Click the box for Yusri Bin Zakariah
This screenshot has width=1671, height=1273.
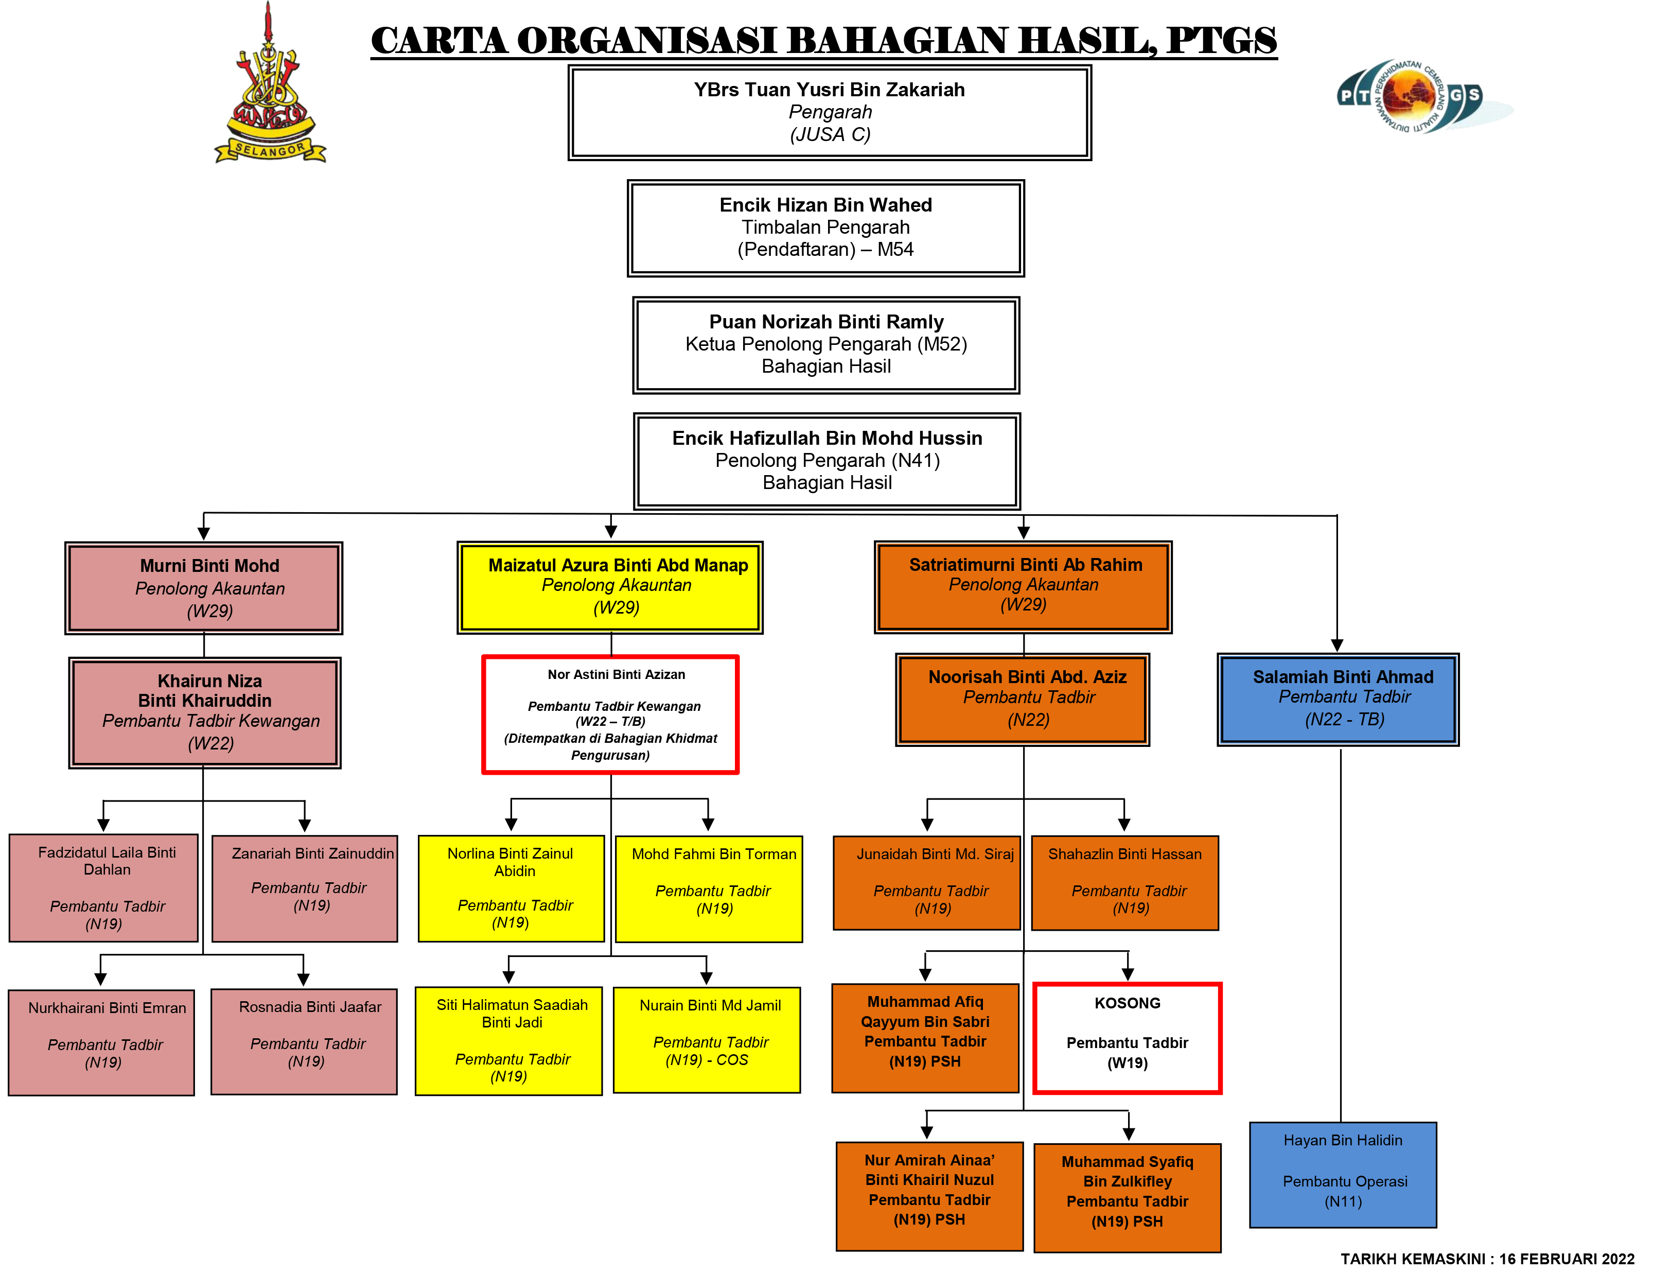coord(830,112)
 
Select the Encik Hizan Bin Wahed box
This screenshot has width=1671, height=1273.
coord(825,228)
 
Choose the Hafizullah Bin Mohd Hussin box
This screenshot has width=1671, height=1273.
coord(826,461)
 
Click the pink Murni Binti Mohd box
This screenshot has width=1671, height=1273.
coord(204,588)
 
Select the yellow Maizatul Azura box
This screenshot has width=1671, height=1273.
coord(610,586)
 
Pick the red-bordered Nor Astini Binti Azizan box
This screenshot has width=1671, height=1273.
coord(610,714)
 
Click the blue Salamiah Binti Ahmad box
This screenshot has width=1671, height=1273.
coord(1338,699)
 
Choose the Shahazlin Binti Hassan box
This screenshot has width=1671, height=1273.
coord(1125,883)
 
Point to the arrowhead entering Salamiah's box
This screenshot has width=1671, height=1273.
coord(1337,645)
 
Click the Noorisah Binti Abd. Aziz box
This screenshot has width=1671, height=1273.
coord(1023,699)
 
